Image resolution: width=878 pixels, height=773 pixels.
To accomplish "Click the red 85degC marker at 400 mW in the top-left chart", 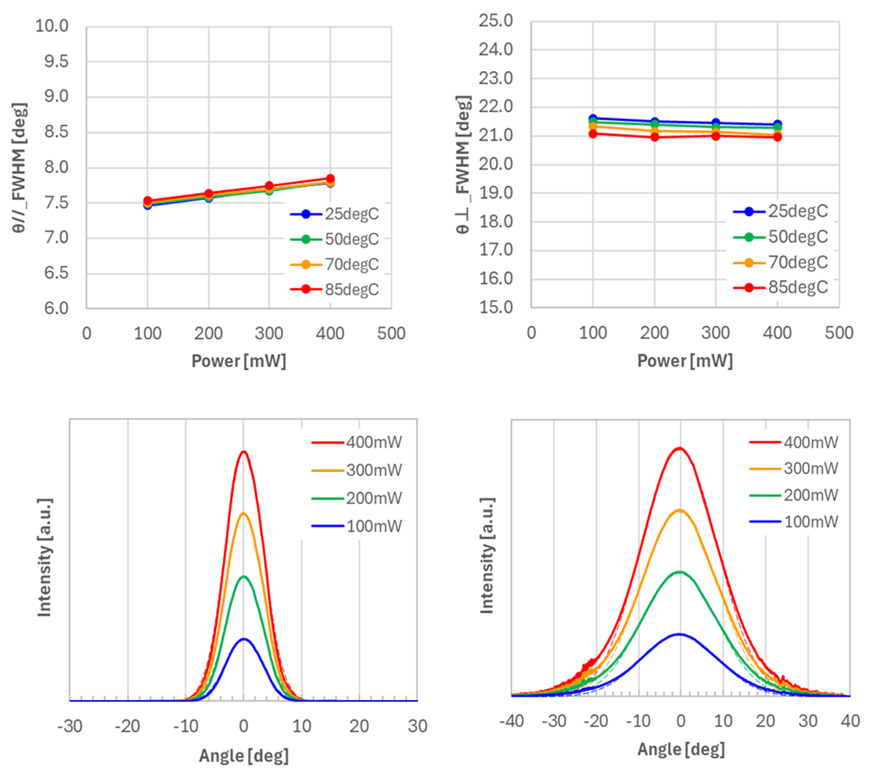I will (330, 179).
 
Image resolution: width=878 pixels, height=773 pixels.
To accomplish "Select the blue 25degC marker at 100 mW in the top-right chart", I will (593, 119).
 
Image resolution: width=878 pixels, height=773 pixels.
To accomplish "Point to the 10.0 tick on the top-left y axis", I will (52, 26).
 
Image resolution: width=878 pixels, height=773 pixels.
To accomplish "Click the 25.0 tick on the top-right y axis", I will (496, 21).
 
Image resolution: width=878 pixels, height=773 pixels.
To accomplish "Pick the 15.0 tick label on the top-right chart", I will (496, 308).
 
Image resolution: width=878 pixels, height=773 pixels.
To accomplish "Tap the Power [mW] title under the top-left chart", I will (238, 361).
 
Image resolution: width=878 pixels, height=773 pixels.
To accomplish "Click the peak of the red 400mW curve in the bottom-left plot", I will (244, 451).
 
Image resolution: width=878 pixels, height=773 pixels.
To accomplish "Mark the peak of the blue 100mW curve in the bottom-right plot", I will (679, 634).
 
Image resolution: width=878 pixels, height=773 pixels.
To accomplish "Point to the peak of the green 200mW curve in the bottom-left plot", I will (244, 576).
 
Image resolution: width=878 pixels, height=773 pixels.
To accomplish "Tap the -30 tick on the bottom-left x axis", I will (70, 726).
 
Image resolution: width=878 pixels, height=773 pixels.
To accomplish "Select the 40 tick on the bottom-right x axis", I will (850, 721).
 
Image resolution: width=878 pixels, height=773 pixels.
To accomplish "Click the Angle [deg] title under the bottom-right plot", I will (681, 749).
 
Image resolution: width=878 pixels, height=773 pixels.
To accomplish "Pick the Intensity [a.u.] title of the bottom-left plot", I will (45, 558).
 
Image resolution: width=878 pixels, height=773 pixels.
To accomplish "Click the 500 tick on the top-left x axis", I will (391, 334).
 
